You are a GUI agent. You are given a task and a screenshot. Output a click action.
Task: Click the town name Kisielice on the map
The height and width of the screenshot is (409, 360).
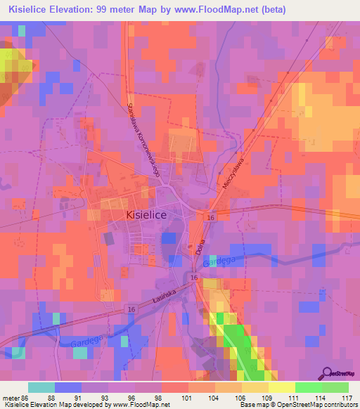[146, 216]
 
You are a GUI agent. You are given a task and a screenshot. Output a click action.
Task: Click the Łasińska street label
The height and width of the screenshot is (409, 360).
[162, 299]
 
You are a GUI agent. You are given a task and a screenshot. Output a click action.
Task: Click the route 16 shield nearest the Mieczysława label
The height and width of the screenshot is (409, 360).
[210, 219]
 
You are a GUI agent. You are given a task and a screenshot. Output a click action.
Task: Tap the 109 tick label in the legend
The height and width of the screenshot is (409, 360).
[268, 398]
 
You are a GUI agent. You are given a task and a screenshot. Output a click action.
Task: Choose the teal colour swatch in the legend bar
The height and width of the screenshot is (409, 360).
[41, 387]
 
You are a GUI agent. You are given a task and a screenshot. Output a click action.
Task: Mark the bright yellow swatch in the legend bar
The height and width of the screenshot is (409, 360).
[281, 387]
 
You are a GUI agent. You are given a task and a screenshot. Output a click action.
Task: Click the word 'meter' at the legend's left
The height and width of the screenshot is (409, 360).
[9, 398]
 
